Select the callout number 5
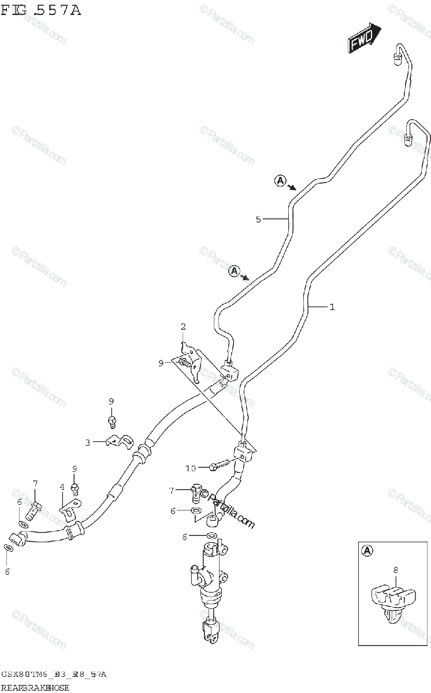259,219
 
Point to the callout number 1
332,307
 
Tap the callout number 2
183,327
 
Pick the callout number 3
88,442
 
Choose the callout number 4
62,487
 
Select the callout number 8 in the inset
396,571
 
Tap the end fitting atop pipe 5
397,56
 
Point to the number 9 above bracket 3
112,401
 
